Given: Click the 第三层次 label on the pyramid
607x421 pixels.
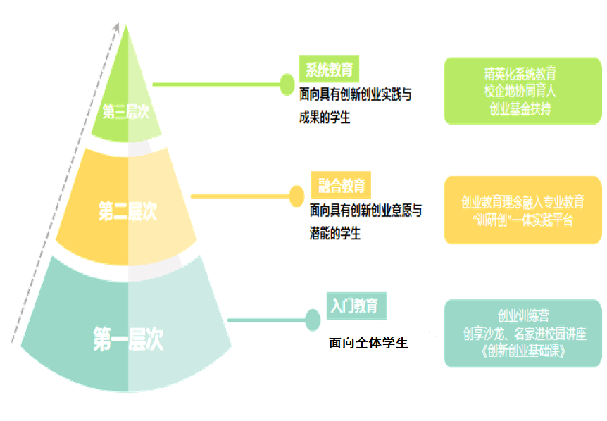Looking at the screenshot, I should coord(126,111).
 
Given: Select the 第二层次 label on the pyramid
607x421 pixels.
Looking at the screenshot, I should coord(127,210).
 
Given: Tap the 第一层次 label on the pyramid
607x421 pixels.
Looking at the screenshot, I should coord(127,339).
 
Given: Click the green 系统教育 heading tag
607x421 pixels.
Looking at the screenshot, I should coord(328,70).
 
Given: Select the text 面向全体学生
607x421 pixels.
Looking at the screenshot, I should coord(368,344).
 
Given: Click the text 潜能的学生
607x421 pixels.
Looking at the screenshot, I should coord(335,233).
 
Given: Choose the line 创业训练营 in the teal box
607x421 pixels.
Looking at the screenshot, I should coord(523,314).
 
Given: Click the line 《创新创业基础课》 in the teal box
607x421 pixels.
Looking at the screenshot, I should coord(523,349).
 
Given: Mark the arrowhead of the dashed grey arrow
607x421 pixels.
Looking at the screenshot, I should coord(116,26).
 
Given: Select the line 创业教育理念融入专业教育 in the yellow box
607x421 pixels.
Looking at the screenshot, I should coord(523,203).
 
